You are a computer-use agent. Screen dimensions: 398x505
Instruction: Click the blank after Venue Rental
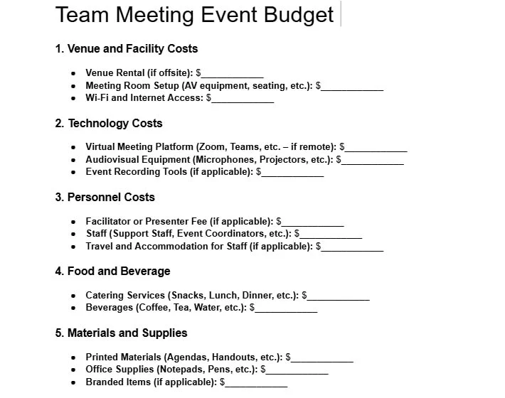(233, 73)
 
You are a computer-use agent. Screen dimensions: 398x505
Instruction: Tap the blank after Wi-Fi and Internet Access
(243, 98)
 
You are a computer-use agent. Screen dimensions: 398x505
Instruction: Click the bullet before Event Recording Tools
(74, 172)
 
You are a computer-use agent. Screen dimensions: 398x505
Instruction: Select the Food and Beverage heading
(112, 271)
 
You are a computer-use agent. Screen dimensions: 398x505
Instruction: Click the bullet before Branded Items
(74, 382)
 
